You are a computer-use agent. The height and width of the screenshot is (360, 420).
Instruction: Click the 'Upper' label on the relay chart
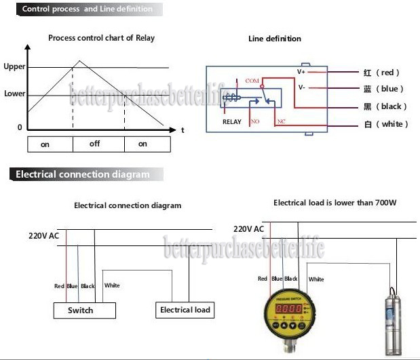tap(14, 67)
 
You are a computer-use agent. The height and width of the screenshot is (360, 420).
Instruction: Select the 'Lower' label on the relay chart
tap(14, 94)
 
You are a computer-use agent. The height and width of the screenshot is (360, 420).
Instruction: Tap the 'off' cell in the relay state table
tap(94, 144)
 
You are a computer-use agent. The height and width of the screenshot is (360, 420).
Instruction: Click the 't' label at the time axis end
tap(183, 129)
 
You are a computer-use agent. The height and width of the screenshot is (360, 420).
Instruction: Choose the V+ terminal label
tap(302, 71)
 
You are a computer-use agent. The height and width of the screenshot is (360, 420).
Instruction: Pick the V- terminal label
tap(302, 87)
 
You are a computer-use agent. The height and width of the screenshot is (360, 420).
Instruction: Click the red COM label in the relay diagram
tap(252, 80)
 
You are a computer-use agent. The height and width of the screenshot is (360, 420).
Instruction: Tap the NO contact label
tap(256, 121)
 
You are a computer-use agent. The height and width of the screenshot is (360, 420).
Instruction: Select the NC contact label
tap(280, 121)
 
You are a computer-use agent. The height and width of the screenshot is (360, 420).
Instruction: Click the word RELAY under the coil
tap(232, 122)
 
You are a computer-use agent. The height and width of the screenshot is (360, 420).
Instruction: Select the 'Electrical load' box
tap(185, 310)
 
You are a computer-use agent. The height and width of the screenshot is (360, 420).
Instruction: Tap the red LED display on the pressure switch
tap(288, 308)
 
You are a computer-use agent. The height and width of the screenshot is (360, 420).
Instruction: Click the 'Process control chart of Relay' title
tap(101, 38)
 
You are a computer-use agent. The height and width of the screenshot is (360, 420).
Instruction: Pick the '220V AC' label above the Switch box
tap(43, 236)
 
